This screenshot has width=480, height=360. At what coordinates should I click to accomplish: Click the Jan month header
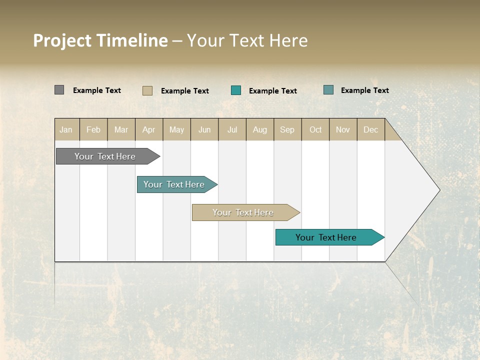click(66, 130)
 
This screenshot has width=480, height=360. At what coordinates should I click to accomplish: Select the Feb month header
click(93, 130)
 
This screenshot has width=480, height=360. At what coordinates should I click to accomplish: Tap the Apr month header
click(148, 130)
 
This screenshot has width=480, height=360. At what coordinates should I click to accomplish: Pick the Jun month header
click(204, 130)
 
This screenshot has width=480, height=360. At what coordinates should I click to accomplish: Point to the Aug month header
click(259, 130)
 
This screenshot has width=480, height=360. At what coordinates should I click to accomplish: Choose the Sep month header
click(287, 130)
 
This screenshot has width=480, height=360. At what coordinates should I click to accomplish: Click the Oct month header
click(315, 130)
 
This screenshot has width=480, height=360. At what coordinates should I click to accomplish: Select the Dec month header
click(370, 130)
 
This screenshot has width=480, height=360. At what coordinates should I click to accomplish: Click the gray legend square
click(59, 90)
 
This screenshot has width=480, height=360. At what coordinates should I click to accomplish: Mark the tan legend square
click(147, 90)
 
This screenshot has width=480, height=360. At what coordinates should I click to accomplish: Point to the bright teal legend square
click(236, 90)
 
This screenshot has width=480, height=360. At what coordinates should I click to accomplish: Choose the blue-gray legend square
click(328, 90)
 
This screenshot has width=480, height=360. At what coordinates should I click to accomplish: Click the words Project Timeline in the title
click(100, 40)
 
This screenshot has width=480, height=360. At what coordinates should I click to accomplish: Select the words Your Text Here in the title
click(247, 40)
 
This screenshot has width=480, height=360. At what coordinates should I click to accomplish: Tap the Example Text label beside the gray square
click(97, 90)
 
